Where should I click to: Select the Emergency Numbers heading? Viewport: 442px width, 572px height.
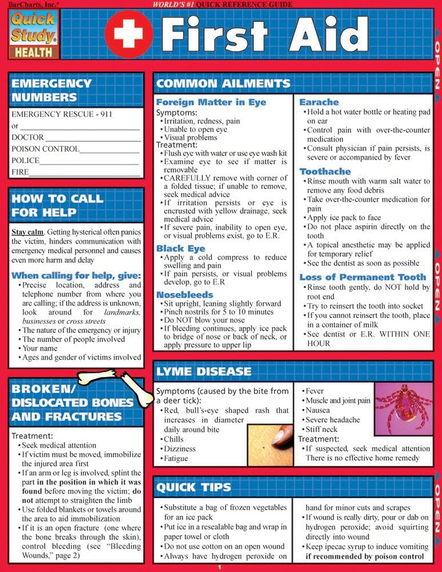[51, 90]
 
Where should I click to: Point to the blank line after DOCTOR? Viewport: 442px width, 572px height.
[93, 138]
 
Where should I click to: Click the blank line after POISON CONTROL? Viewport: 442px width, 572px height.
[110, 149]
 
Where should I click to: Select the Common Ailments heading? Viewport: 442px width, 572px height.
[224, 84]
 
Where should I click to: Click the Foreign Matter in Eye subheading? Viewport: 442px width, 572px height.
[211, 102]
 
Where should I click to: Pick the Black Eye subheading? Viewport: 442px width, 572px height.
[181, 249]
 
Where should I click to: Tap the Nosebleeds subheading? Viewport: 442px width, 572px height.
[185, 294]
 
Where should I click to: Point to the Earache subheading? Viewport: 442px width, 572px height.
[319, 102]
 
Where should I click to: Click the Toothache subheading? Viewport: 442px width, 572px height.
[325, 171]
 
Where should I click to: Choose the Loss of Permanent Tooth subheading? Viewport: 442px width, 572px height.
[363, 277]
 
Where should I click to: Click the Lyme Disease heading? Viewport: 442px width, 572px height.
[204, 371]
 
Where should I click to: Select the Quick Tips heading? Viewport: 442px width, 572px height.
[194, 487]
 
